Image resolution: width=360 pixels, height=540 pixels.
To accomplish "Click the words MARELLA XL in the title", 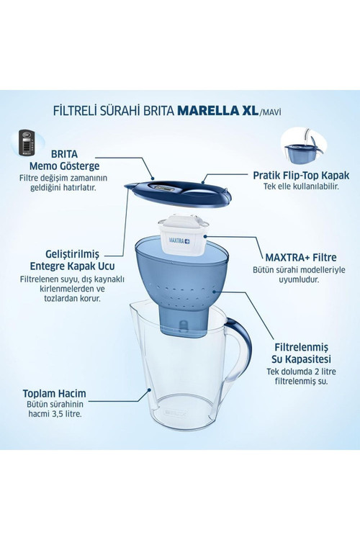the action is click(217, 111).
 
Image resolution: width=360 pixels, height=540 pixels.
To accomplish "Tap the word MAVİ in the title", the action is click(270, 112).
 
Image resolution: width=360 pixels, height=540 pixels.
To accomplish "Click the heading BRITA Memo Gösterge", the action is click(64, 160).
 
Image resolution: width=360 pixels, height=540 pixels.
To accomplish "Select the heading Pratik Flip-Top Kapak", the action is click(301, 175).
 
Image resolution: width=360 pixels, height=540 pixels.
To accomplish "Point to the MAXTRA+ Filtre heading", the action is click(301, 257).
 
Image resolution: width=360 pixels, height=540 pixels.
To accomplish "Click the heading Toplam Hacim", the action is click(55, 393).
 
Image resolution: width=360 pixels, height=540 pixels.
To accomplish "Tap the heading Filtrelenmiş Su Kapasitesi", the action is click(301, 353).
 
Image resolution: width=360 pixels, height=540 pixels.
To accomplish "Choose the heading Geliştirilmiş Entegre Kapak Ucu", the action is click(72, 260).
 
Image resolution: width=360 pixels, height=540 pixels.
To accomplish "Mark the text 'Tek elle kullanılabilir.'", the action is click(301, 186).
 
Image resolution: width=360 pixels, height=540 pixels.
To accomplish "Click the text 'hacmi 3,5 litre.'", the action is click(55, 413).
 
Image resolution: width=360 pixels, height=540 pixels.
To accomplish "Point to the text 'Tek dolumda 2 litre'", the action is click(301, 372).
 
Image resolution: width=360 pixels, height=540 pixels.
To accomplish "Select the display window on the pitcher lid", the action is click(164, 188).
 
